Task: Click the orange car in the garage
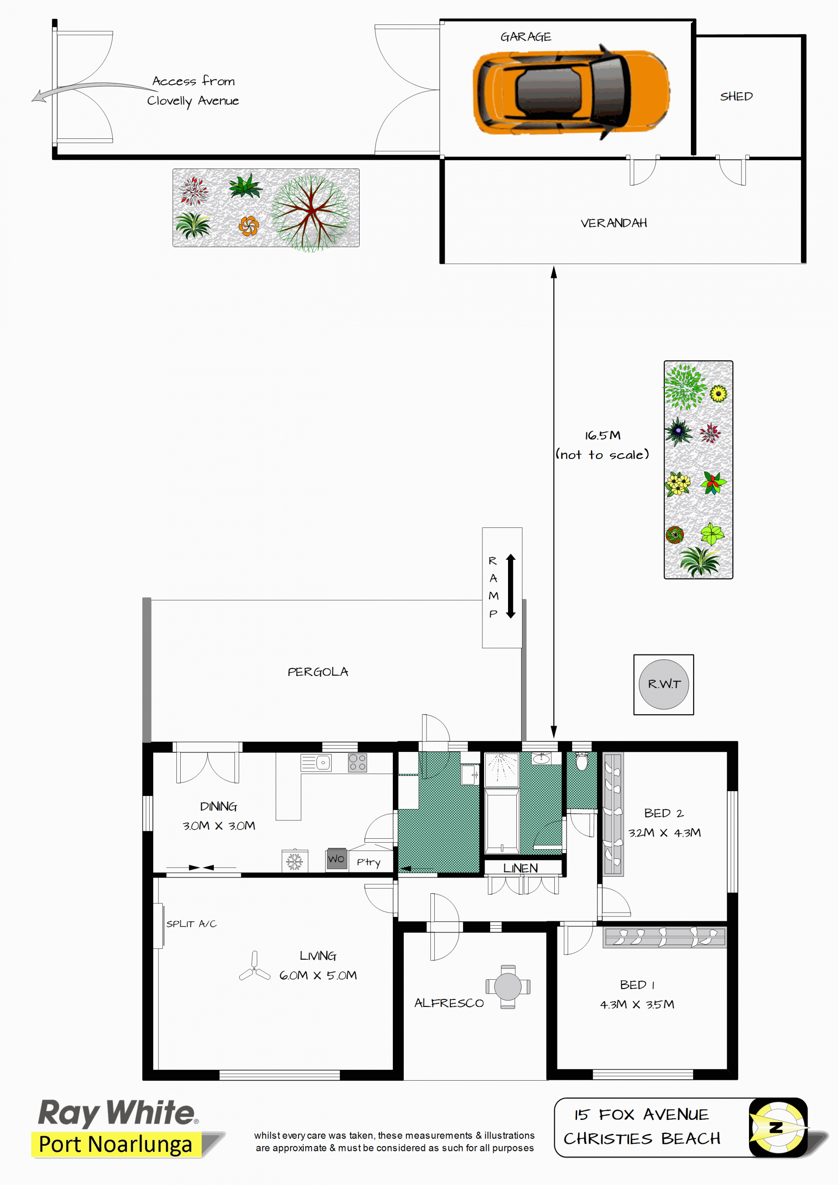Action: [x=571, y=92]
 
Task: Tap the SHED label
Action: [x=736, y=96]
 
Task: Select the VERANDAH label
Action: [x=614, y=223]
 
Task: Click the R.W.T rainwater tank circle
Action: [x=663, y=684]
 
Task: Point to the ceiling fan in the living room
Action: [x=254, y=967]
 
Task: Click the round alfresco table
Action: [x=508, y=987]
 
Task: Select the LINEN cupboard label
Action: [x=520, y=868]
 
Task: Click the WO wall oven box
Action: [x=337, y=859]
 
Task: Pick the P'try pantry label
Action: [x=368, y=862]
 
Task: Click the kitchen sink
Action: [x=316, y=763]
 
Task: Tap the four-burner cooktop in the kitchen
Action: [x=357, y=763]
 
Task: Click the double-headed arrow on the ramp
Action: [x=511, y=586]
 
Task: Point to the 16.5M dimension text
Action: [x=603, y=436]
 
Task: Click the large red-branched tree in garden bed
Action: [x=311, y=212]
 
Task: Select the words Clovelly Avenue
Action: [x=193, y=101]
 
